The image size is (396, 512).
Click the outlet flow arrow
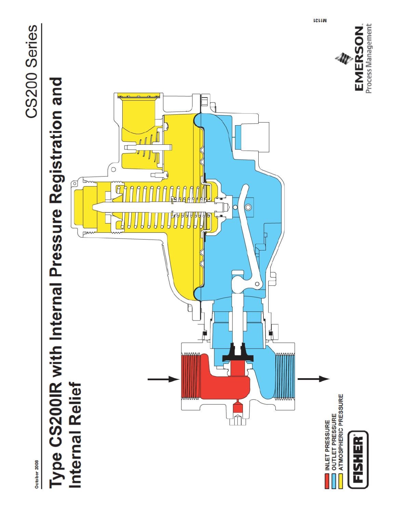(314, 379)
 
